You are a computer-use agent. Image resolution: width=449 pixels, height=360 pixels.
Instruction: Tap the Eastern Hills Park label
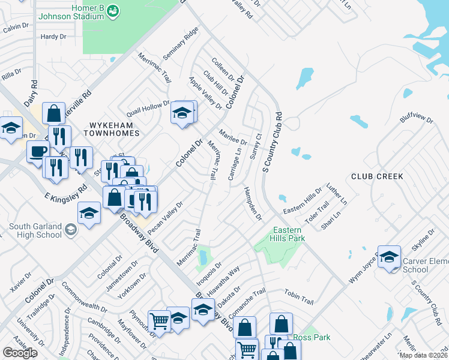[289, 234]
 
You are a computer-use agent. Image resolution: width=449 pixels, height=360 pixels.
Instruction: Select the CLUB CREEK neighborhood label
[377, 176]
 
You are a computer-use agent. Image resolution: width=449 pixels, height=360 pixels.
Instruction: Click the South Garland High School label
[35, 230]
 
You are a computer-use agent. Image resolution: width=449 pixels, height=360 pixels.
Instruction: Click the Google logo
[20, 353]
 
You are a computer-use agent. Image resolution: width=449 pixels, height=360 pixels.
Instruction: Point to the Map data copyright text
[423, 355]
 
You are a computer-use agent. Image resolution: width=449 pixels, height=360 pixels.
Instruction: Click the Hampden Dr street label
[253, 203]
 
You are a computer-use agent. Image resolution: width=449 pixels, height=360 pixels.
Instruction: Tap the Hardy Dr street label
[53, 37]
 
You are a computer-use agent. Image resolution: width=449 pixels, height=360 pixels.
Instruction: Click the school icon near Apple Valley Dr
[182, 112]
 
